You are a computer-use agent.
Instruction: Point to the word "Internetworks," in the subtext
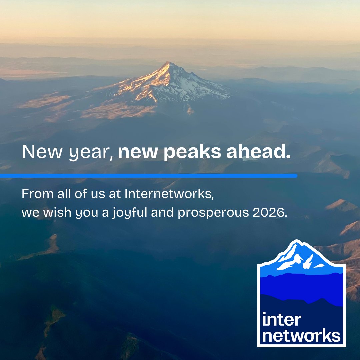coord(169,194)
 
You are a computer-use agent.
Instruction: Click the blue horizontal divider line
coord(148,176)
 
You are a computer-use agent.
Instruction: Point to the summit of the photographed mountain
coord(170,63)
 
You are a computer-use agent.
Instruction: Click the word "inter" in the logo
coord(281,320)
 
